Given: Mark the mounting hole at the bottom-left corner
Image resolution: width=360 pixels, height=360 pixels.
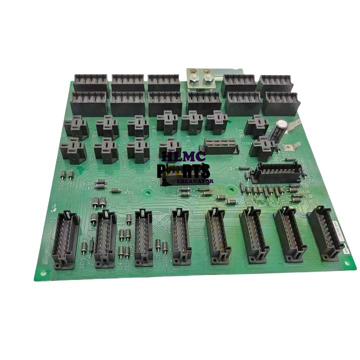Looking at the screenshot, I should click(x=43, y=273).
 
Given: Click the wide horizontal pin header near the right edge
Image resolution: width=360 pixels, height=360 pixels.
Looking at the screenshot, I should click(x=277, y=173).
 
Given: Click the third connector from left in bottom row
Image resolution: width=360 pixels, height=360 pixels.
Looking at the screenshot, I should click(x=143, y=235).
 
